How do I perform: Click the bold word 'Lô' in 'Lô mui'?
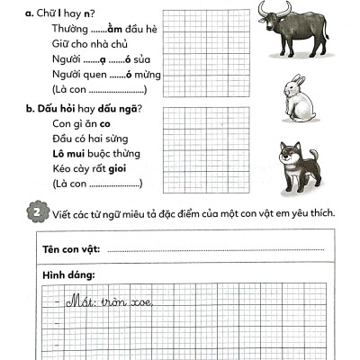[x=60, y=154]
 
